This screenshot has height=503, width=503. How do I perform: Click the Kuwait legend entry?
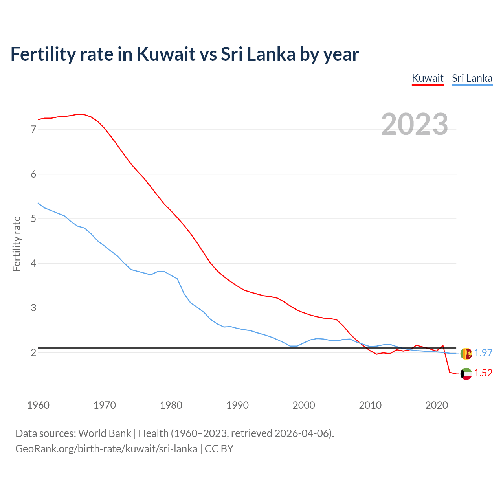pos(428,78)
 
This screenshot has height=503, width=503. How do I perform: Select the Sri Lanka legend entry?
pos(472,78)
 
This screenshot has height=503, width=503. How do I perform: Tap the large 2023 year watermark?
pos(415,124)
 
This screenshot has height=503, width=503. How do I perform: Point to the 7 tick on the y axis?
pos(33,129)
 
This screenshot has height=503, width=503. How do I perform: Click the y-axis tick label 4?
pos(33,263)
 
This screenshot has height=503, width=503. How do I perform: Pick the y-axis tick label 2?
pos(33,352)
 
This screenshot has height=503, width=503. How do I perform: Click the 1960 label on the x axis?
pos(38,405)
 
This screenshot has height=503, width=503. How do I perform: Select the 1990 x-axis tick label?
pos(237,405)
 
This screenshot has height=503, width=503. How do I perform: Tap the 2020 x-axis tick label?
pos(437,405)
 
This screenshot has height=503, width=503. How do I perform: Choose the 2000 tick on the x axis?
pos(304,405)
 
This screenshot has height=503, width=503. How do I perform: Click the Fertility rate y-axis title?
pos(17,244)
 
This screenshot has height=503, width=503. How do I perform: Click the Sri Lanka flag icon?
pos(466,353)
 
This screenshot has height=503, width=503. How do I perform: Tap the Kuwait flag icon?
pos(466,374)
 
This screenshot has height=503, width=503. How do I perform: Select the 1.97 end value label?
pos(483,353)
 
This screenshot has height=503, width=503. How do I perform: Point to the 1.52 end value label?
pos(483,373)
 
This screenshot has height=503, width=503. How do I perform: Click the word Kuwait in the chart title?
pos(165,54)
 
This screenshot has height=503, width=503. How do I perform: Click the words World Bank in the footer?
pos(105,433)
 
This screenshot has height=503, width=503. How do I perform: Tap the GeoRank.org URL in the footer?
pos(106,449)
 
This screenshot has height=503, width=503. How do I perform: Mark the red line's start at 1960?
pos(39,119)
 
